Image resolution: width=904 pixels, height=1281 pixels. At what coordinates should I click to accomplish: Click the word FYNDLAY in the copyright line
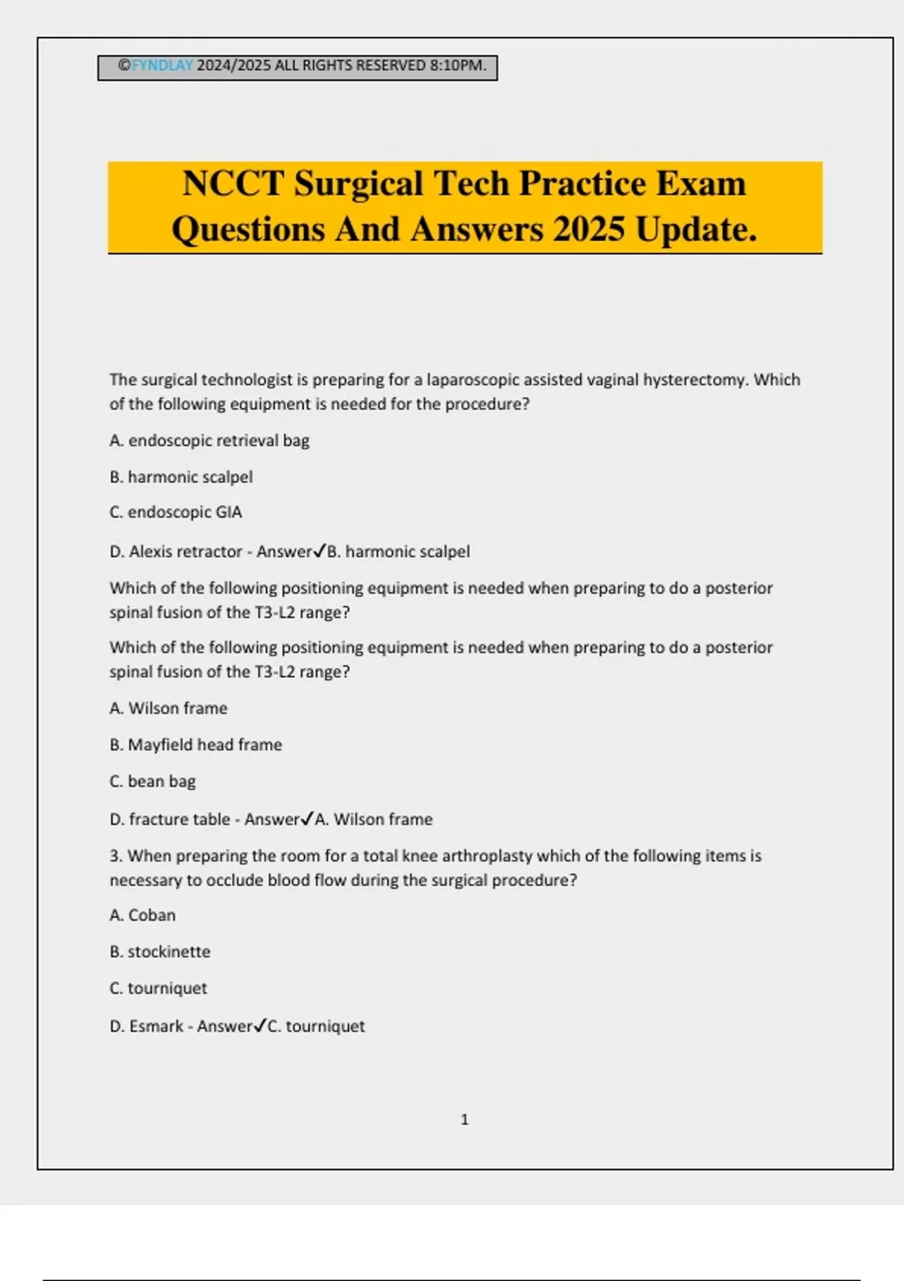[x=162, y=66]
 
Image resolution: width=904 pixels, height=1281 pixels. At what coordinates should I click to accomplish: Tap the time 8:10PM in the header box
[x=457, y=66]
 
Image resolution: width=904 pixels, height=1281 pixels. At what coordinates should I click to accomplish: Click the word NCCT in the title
[x=233, y=184]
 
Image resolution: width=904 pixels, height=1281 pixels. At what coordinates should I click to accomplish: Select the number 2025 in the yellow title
[x=588, y=230]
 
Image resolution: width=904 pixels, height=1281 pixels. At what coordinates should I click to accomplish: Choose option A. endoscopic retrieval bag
[x=209, y=441]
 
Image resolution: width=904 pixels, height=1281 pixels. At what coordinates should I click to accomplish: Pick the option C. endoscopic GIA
[x=176, y=512]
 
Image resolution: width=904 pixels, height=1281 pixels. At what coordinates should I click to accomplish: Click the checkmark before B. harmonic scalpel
[x=319, y=551]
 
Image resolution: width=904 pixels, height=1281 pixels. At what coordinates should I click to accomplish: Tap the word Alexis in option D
[x=154, y=552]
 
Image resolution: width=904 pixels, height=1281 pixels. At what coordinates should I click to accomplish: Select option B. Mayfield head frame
[x=196, y=745]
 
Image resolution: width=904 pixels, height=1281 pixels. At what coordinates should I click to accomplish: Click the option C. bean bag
[x=153, y=781]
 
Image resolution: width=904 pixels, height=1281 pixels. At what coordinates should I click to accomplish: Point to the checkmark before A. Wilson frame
[x=307, y=818]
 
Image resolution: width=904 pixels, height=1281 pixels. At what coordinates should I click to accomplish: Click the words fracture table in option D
[x=179, y=819]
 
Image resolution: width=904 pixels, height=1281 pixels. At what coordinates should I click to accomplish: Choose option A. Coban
[x=142, y=916]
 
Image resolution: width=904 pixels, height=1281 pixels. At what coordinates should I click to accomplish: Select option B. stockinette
[x=160, y=952]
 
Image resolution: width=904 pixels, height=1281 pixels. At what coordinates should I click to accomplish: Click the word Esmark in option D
[x=156, y=1026]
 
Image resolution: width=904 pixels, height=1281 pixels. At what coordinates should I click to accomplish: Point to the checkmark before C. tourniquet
[x=260, y=1026]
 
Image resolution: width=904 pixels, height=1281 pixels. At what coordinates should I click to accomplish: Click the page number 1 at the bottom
[x=464, y=1120]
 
